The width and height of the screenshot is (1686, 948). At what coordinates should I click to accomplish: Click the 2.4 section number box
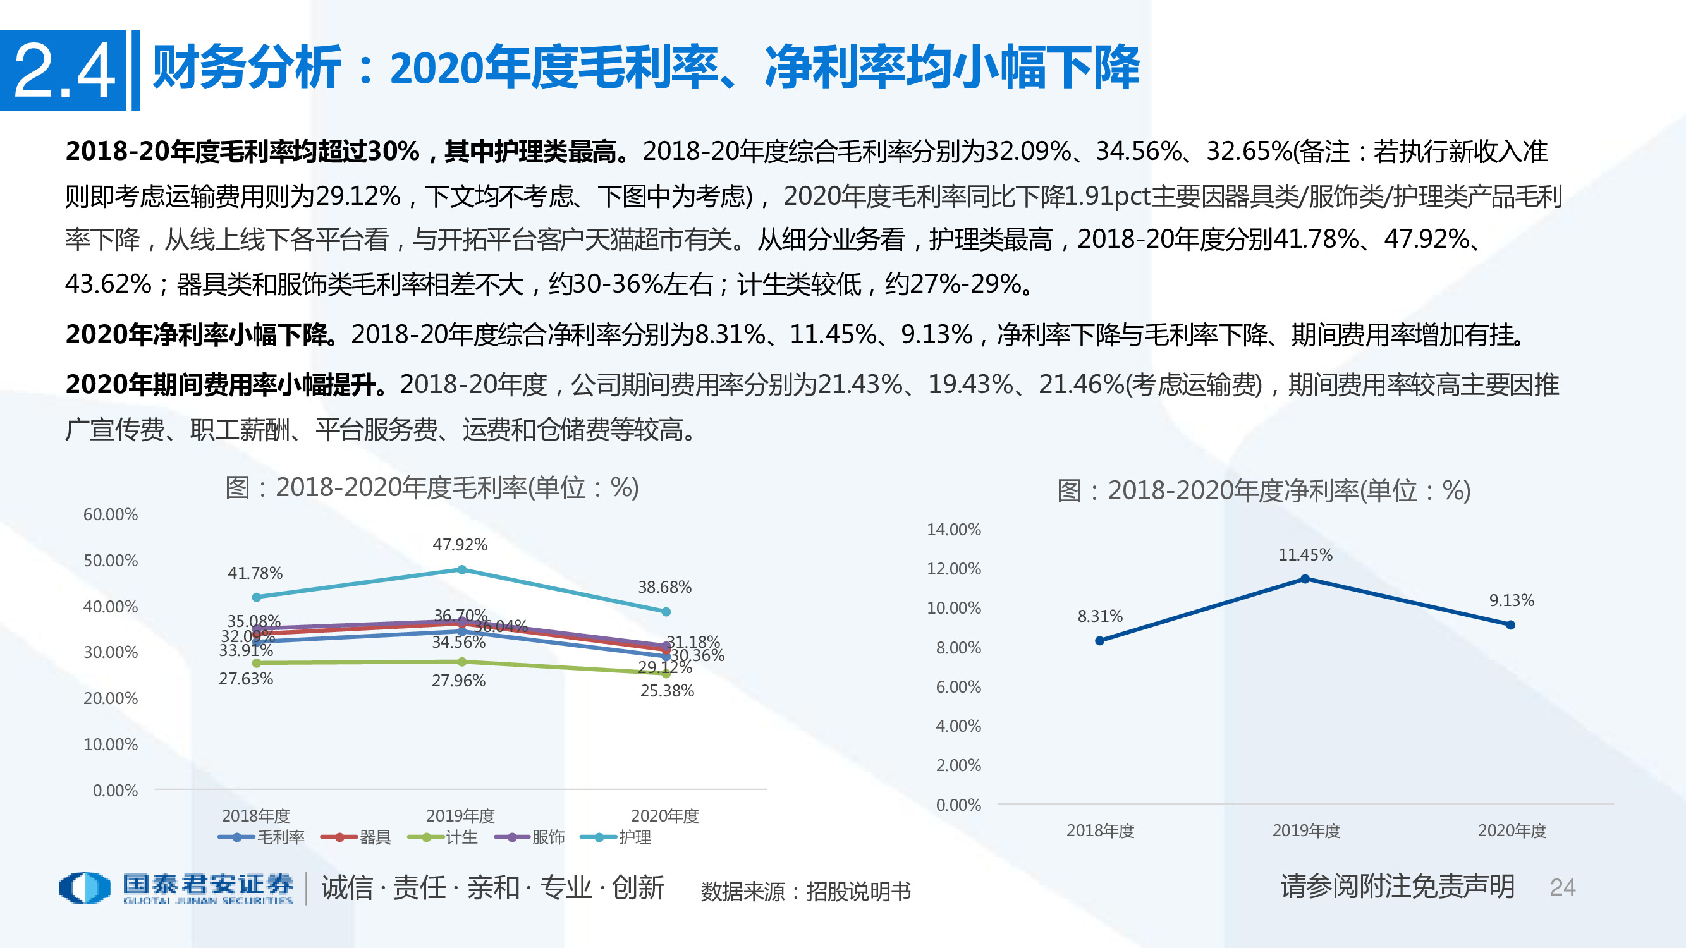[63, 70]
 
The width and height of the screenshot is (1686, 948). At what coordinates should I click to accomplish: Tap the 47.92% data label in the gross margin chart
[460, 545]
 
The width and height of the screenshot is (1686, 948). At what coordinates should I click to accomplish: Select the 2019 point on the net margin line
[1304, 579]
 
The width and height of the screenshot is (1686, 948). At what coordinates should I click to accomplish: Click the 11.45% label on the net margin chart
[1305, 556]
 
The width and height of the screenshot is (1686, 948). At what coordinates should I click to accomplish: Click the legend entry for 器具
[357, 837]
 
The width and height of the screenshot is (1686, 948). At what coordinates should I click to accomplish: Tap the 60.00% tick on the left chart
[111, 515]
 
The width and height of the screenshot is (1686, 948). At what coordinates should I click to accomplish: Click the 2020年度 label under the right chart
[1512, 831]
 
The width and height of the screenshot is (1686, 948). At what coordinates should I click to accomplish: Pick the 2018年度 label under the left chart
[256, 817]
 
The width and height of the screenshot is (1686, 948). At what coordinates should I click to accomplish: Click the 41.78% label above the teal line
[255, 574]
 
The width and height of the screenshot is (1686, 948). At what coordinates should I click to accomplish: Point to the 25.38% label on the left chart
[667, 691]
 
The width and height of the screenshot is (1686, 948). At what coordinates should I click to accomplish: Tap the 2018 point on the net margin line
[1099, 641]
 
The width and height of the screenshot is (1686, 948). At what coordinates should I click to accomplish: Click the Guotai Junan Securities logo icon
[85, 888]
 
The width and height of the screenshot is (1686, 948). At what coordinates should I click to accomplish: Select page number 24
[1562, 888]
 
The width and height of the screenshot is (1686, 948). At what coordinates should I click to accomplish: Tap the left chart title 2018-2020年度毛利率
[432, 488]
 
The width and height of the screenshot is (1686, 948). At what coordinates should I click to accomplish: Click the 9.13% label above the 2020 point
[1512, 600]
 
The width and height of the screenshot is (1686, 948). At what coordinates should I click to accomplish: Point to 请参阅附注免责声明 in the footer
[1397, 887]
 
